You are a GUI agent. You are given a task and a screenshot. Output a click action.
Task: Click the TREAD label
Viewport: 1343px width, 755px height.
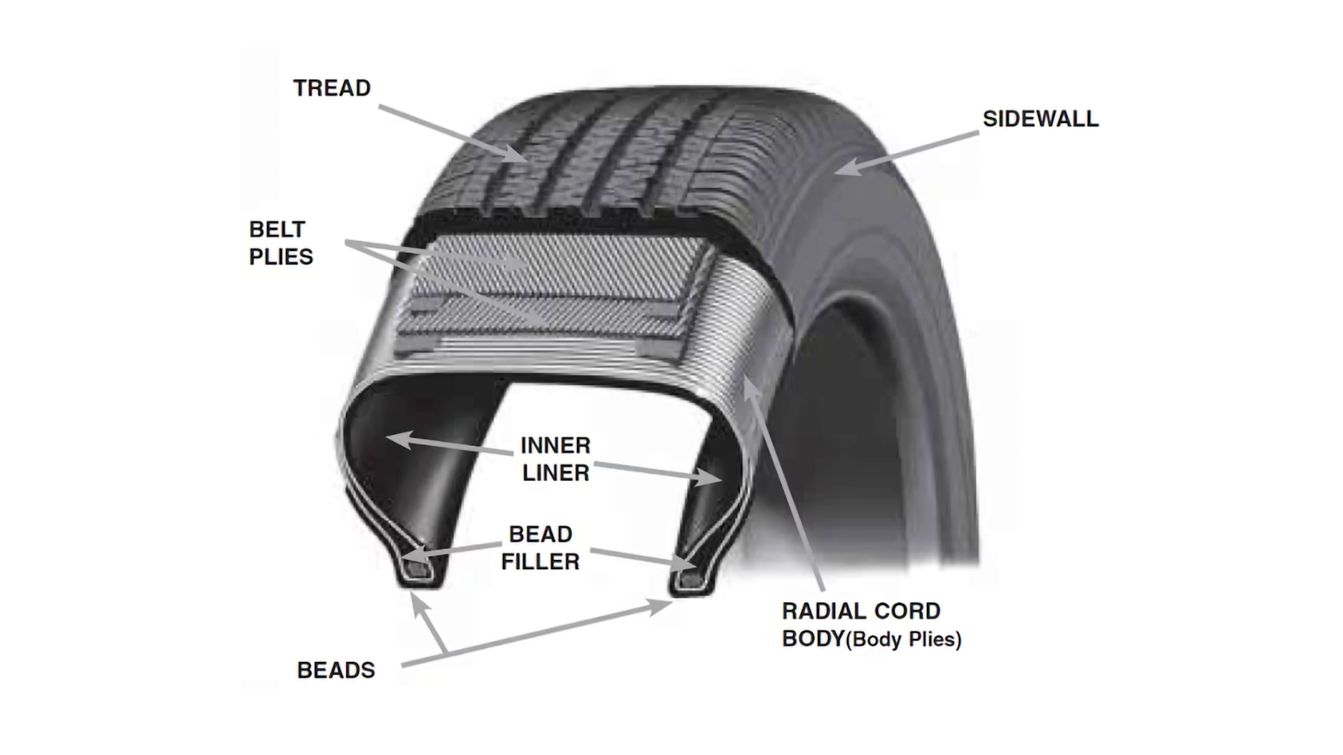[x=332, y=88]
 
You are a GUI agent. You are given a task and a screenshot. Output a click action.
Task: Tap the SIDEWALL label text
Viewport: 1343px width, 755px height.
[x=1040, y=119]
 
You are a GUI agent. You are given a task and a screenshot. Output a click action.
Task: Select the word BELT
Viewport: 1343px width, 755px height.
[x=277, y=229]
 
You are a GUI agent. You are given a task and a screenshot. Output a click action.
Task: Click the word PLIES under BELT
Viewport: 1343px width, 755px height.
[x=281, y=257]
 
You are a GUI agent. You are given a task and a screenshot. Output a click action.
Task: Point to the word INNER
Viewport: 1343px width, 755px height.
[x=555, y=445]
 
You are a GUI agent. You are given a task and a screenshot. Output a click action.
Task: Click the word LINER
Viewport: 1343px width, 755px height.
[x=555, y=473]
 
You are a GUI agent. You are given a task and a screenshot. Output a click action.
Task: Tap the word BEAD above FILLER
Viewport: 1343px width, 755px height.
[x=541, y=534]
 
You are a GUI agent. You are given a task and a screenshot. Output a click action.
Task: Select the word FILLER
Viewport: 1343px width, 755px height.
[x=541, y=561]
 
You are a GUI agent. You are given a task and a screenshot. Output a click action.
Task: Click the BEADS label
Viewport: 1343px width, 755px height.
[x=336, y=670]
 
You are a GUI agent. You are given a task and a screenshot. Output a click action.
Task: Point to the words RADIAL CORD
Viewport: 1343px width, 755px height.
[x=861, y=611]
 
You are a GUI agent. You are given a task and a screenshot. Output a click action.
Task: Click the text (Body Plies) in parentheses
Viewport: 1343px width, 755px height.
[x=904, y=640]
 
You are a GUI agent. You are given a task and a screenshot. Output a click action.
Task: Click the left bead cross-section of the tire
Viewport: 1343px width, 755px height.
[x=420, y=570]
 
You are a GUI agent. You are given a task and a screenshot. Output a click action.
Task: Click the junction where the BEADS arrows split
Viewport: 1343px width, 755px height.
[x=446, y=654]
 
